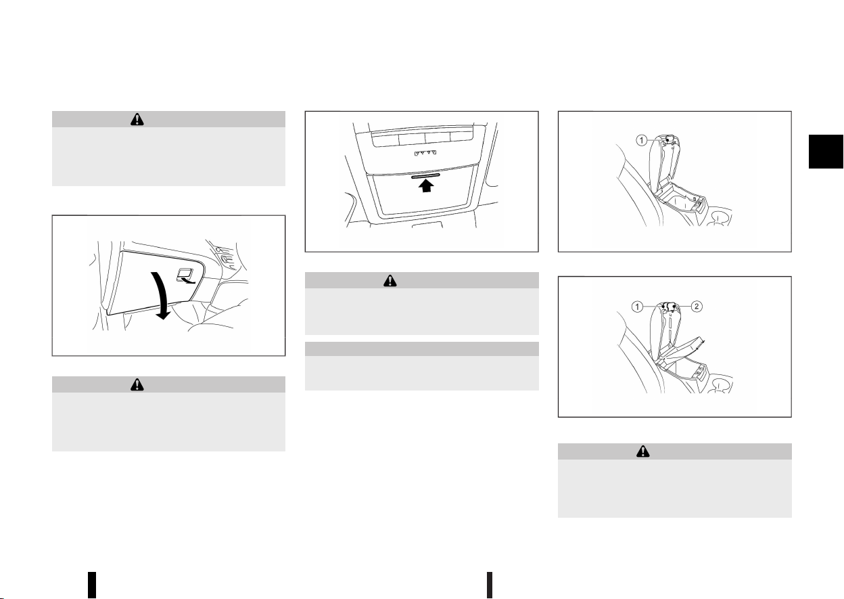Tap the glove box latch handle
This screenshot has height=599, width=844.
185,274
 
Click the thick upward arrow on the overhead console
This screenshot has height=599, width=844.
426,185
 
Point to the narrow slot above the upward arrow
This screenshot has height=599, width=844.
425,176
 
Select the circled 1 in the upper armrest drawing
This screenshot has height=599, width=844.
642,141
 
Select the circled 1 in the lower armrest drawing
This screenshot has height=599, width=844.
637,307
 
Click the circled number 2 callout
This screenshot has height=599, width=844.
697,307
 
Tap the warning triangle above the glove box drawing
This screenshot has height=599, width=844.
137,119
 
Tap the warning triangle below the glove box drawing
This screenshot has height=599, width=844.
137,384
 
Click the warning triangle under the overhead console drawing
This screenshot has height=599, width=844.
390,281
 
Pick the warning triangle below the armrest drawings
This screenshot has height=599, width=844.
643,451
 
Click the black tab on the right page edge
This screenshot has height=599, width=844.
826,151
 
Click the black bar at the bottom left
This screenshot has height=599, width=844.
92,585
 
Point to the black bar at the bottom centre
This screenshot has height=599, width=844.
490,585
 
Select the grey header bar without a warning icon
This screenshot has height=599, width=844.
421,349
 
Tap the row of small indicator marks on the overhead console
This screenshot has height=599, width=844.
425,153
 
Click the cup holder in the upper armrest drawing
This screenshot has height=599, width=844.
720,218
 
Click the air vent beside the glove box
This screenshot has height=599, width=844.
225,256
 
